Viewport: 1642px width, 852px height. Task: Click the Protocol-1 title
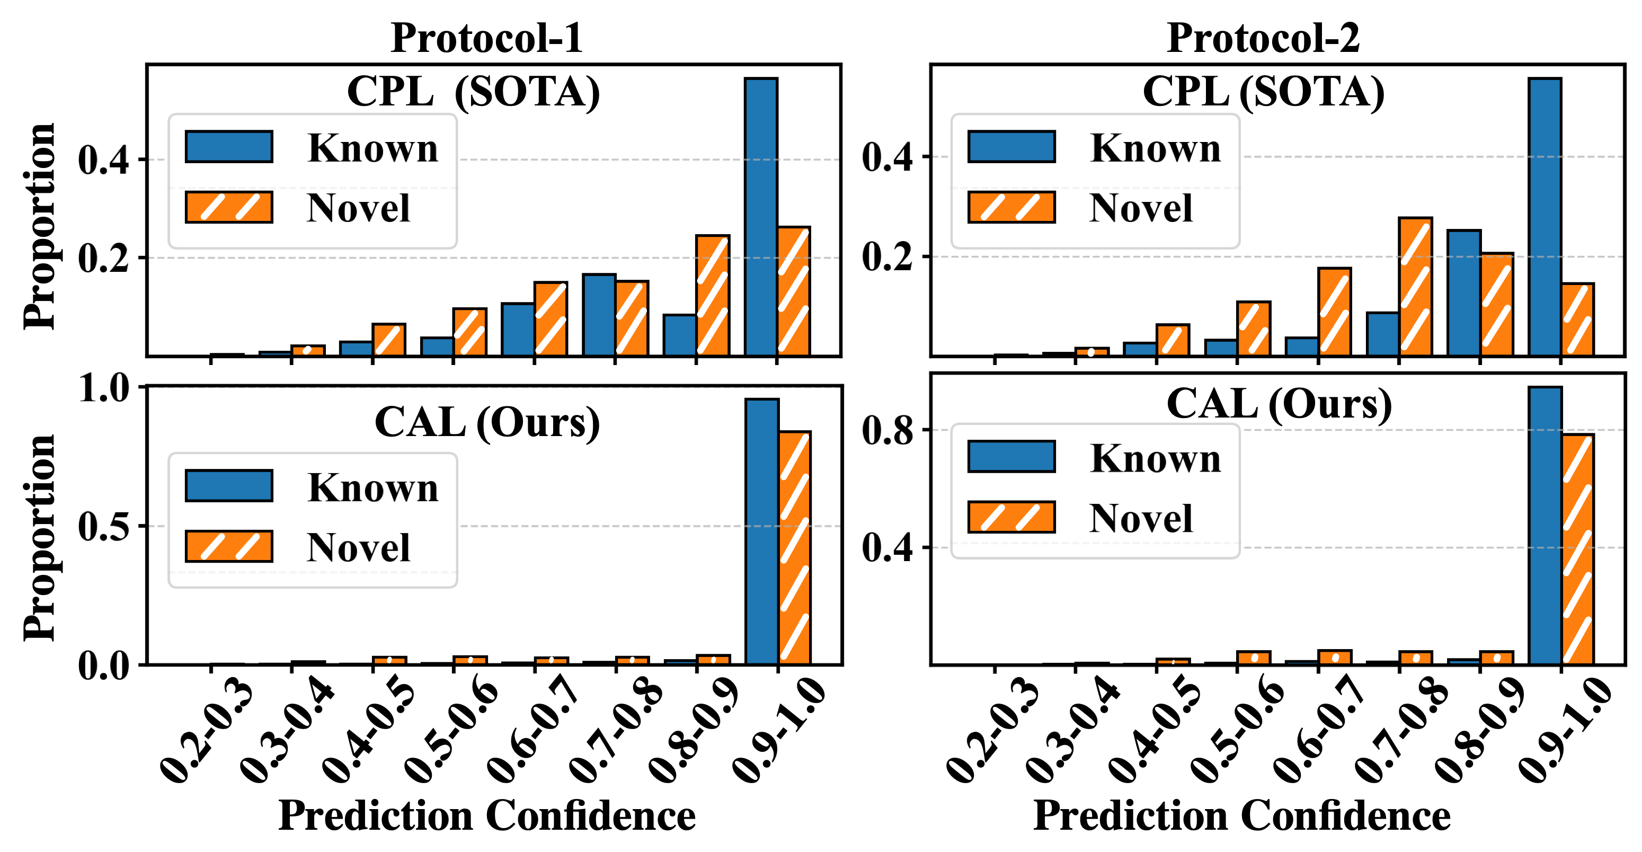[x=486, y=38]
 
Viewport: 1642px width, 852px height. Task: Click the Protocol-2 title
[x=1263, y=38]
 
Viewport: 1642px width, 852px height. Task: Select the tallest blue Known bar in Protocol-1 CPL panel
[x=761, y=217]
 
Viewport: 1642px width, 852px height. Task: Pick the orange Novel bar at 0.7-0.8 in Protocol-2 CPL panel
[x=1415, y=286]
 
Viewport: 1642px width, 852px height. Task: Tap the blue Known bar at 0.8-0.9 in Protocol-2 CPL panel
[x=1463, y=292]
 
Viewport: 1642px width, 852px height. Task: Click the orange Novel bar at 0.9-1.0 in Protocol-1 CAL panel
[x=794, y=548]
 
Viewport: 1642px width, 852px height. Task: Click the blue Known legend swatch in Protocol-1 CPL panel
[x=229, y=147]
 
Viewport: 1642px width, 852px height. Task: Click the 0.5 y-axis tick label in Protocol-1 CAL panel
[x=103, y=526]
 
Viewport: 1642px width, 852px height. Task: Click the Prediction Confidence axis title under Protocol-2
[x=1241, y=815]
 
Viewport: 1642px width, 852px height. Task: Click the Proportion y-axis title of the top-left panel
[x=40, y=226]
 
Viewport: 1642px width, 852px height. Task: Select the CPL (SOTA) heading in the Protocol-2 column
[x=1263, y=92]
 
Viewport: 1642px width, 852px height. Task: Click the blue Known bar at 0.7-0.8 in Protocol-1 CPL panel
[x=599, y=315]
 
